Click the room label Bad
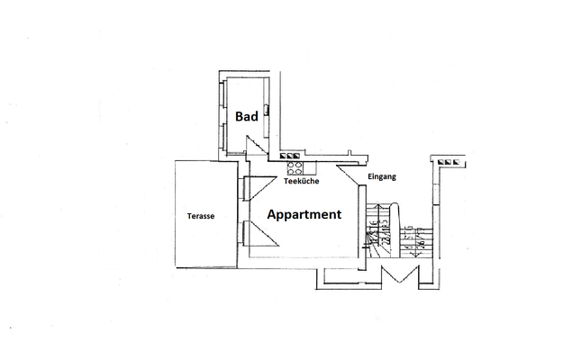(x=248, y=116)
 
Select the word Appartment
(x=304, y=215)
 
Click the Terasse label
(x=200, y=216)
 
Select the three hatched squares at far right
(x=450, y=162)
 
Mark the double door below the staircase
(x=396, y=274)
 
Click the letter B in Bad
(x=240, y=116)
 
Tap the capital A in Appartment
(x=272, y=215)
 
